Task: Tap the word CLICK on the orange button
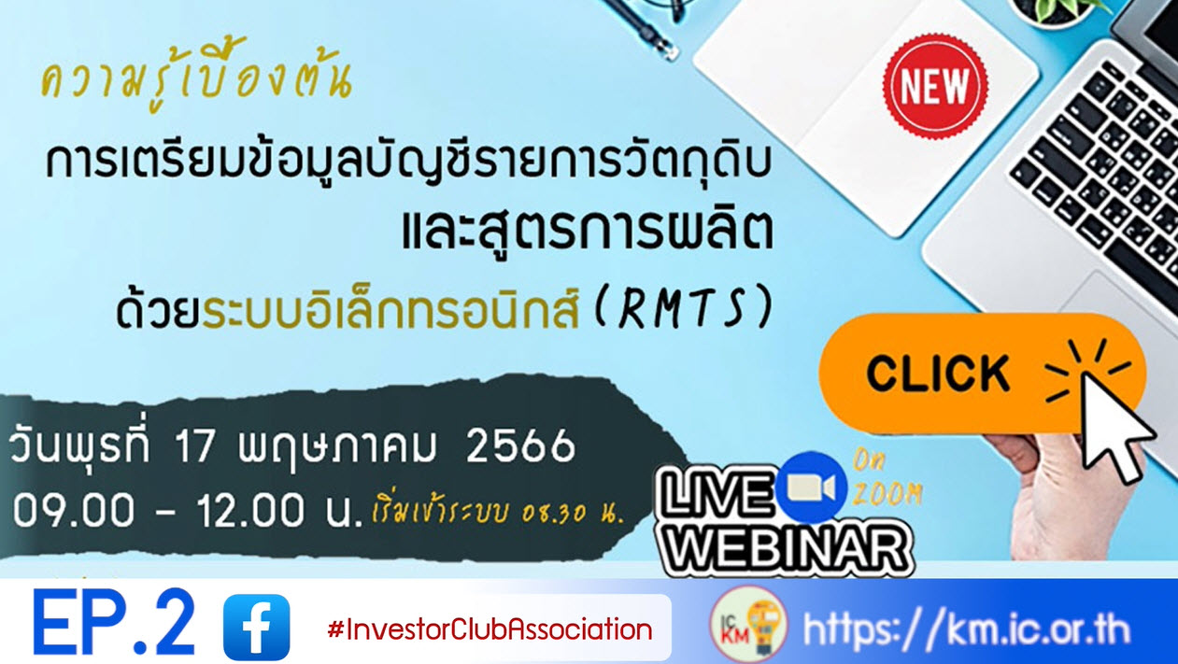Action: pos(938,374)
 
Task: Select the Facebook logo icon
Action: pos(256,628)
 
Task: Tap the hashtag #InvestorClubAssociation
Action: pos(490,629)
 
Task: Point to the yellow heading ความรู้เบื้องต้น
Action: pos(196,82)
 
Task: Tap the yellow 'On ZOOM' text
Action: pos(887,478)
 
